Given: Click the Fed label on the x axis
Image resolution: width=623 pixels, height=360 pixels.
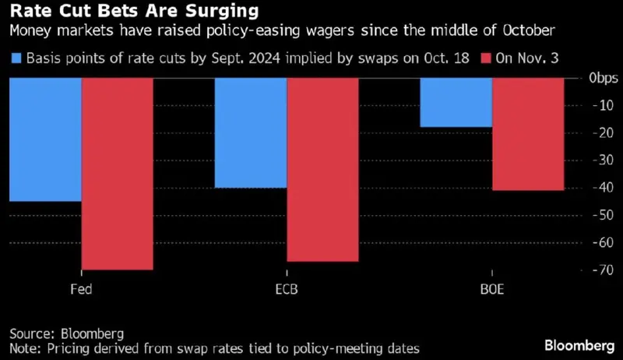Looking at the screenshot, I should (x=81, y=289).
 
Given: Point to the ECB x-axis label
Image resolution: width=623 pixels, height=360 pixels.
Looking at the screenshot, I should (x=286, y=289).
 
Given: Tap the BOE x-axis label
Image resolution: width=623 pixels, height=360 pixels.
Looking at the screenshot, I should (x=491, y=289).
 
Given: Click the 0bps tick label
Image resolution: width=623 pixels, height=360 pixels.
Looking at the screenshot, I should (x=604, y=79).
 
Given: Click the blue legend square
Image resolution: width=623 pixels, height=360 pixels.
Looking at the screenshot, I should (x=16, y=58).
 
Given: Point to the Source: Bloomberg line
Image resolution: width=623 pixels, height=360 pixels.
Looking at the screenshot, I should (x=66, y=333).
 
